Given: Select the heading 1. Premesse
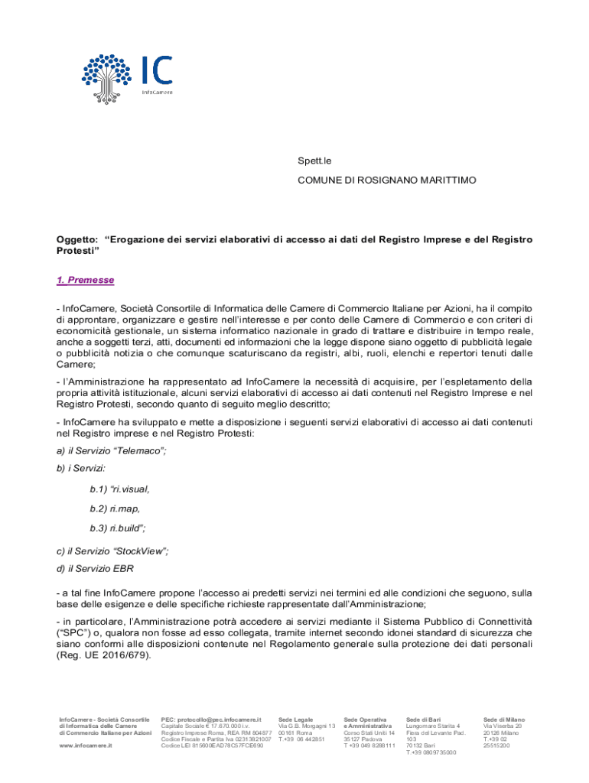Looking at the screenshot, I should tap(86, 281).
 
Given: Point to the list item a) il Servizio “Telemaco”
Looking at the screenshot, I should tap(111, 451).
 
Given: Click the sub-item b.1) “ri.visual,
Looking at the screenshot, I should tap(119, 489).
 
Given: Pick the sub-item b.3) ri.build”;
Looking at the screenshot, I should tap(118, 528).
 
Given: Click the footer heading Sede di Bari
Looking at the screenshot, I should tap(423, 720).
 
